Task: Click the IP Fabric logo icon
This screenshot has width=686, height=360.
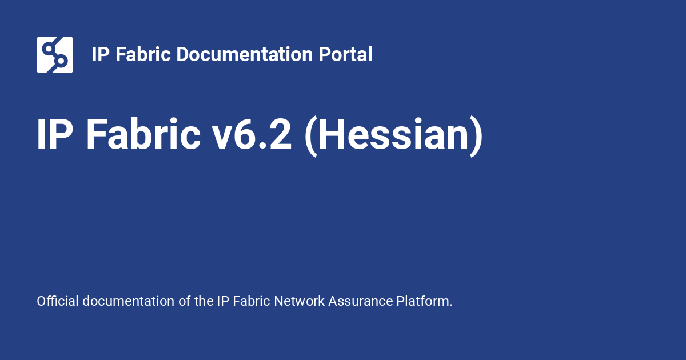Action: (55, 55)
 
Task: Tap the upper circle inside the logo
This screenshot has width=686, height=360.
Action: (48, 49)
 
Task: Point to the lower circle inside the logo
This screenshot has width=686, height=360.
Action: (61, 61)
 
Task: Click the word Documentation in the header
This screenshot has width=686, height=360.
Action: (244, 54)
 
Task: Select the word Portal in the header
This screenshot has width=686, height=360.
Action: (345, 54)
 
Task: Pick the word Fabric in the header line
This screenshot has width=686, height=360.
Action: (143, 54)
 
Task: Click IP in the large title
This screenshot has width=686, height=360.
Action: (55, 134)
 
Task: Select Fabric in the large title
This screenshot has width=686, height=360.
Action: (143, 134)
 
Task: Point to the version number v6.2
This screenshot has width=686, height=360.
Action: (252, 134)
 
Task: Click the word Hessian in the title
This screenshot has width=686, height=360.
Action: (394, 135)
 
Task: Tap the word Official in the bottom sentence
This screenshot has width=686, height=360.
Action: (58, 301)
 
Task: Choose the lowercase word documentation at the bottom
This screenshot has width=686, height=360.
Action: (128, 301)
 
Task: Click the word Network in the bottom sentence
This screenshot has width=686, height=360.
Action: (299, 301)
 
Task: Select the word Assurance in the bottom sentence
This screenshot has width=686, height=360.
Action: (361, 301)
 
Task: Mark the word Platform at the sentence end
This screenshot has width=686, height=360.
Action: (422, 301)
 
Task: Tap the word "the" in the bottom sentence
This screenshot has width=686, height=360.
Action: (204, 301)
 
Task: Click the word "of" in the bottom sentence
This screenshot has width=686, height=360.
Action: (184, 301)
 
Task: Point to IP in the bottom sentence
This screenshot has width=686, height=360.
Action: (223, 301)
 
